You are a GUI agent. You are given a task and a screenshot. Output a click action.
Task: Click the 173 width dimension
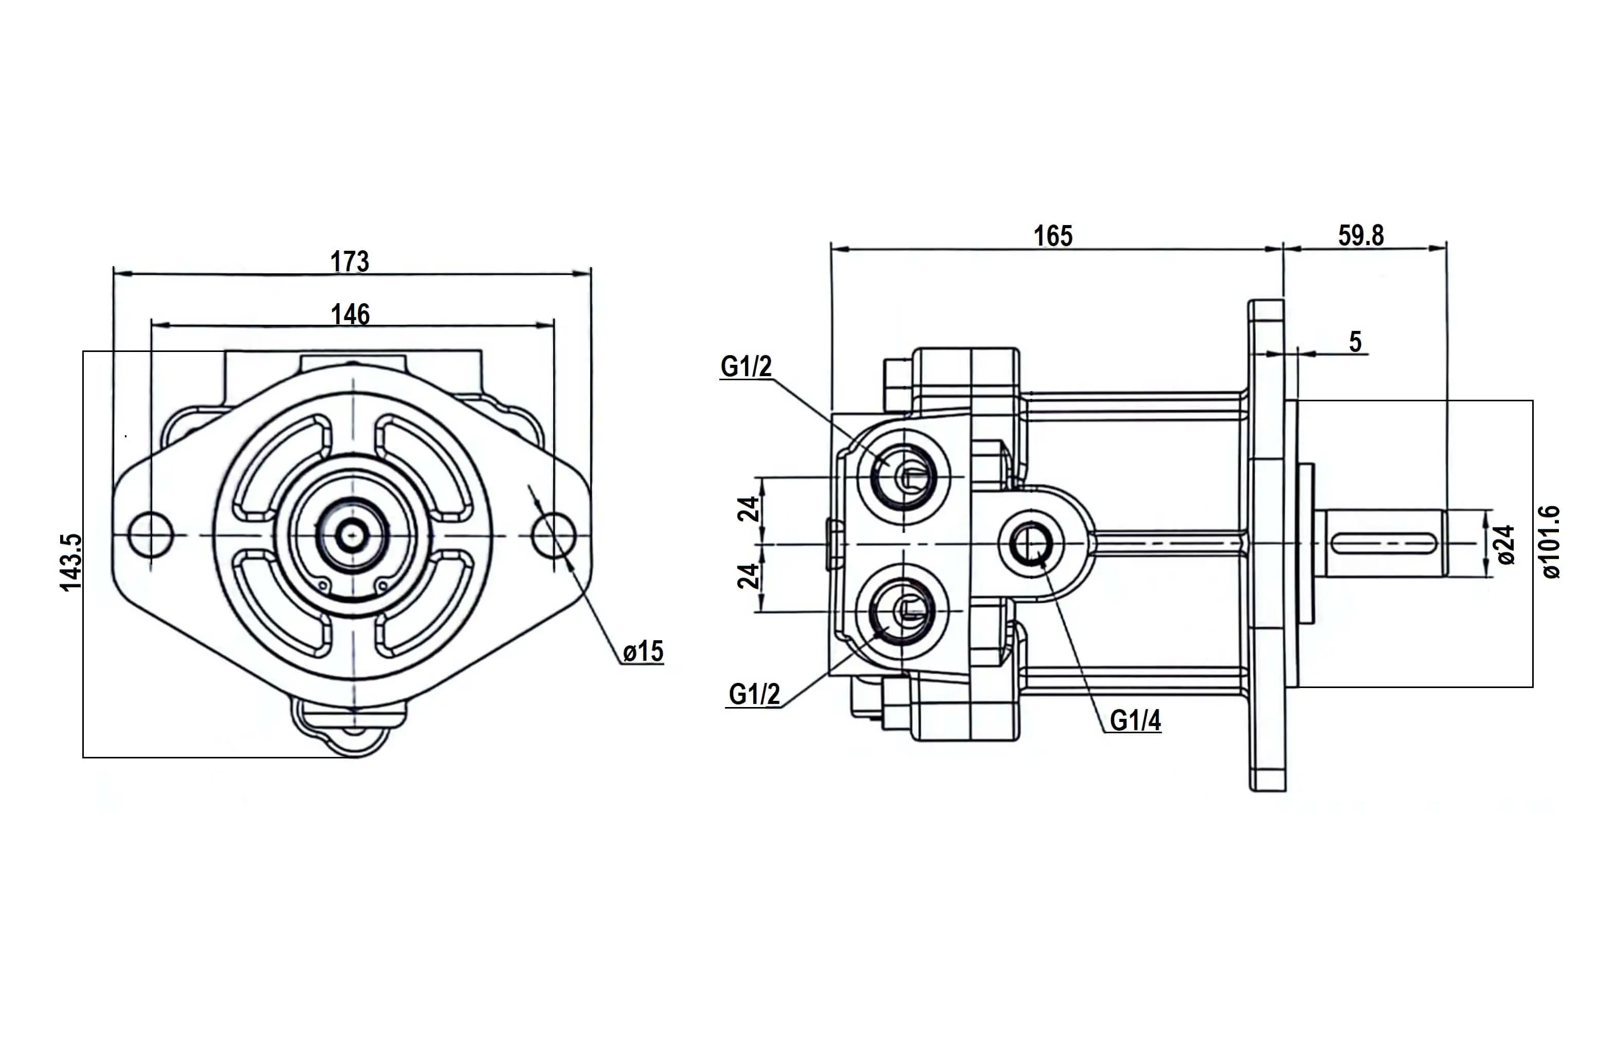pyautogui.click(x=350, y=262)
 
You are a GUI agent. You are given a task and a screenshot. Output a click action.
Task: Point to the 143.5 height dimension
pyautogui.click(x=71, y=562)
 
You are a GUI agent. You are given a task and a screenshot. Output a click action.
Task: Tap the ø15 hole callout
pyautogui.click(x=643, y=652)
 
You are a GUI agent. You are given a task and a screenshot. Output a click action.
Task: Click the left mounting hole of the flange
pyautogui.click(x=151, y=535)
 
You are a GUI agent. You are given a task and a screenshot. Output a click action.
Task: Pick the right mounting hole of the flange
pyautogui.click(x=553, y=535)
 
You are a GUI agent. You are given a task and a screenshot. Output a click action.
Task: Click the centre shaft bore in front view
pyautogui.click(x=351, y=535)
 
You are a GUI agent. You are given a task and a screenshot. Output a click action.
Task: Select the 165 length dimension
pyautogui.click(x=1053, y=236)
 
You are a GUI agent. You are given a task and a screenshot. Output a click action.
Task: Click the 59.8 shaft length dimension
pyautogui.click(x=1361, y=235)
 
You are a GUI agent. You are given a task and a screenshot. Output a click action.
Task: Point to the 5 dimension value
pyautogui.click(x=1355, y=342)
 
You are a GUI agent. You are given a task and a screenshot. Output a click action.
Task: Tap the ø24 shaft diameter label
pyautogui.click(x=1505, y=544)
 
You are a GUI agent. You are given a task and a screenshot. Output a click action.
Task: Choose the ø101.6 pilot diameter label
pyautogui.click(x=1551, y=542)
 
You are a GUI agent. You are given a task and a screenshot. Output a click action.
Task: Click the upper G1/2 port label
pyautogui.click(x=746, y=366)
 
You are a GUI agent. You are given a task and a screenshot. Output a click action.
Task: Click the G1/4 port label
pyautogui.click(x=1135, y=720)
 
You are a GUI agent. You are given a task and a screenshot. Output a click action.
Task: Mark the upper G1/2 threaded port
pyautogui.click(x=904, y=476)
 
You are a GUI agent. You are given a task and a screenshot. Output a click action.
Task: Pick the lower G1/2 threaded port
pyautogui.click(x=904, y=611)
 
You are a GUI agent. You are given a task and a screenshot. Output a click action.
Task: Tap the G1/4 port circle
pyautogui.click(x=1031, y=544)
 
